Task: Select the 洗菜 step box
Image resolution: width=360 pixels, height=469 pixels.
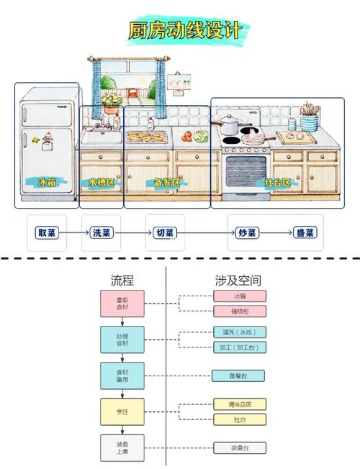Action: pyautogui.click(x=101, y=232)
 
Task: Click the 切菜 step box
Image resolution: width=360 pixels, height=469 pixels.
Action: pyautogui.click(x=164, y=232)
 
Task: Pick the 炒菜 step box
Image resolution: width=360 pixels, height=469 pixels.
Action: pyautogui.click(x=248, y=232)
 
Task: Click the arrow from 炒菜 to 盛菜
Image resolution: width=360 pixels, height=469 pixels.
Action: pyautogui.click(x=276, y=232)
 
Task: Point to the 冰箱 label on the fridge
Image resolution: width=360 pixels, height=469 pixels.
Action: pyautogui.click(x=47, y=182)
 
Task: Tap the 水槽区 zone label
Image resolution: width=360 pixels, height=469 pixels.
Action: pyautogui.click(x=101, y=183)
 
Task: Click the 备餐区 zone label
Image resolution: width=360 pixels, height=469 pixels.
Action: pyautogui.click(x=168, y=183)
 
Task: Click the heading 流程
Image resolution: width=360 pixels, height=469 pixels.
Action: pyautogui.click(x=122, y=281)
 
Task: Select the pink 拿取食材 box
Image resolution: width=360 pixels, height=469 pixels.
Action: pyautogui.click(x=122, y=304)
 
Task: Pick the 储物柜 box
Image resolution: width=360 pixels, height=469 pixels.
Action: pyautogui.click(x=239, y=311)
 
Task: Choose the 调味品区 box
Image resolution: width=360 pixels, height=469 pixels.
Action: pyautogui.click(x=239, y=405)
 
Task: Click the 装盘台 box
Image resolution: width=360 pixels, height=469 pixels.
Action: pyautogui.click(x=239, y=447)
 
